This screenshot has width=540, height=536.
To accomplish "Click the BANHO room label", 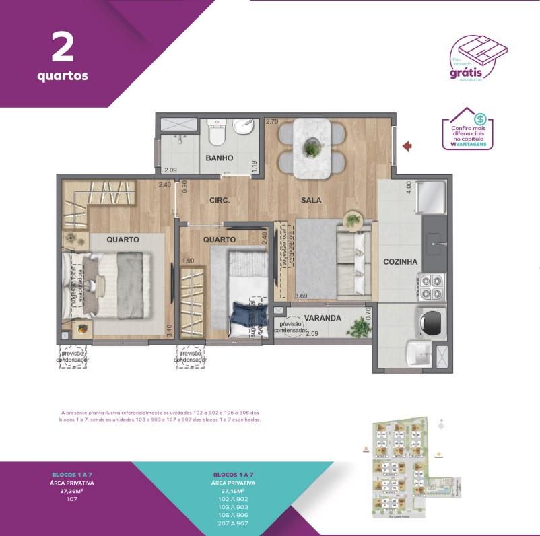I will pyautogui.click(x=220, y=158).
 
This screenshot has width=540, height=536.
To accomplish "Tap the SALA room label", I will pyautogui.click(x=310, y=200).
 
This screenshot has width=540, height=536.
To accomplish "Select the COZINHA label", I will pyautogui.click(x=401, y=262).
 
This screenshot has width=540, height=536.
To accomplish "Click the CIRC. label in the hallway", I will pyautogui.click(x=220, y=201).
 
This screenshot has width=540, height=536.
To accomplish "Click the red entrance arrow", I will pyautogui.click(x=407, y=145).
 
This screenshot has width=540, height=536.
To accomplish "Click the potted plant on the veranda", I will pyautogui.click(x=360, y=327).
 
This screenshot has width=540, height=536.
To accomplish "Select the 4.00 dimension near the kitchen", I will pyautogui.click(x=407, y=187).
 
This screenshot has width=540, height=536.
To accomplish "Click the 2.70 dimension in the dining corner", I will pyautogui.click(x=272, y=122).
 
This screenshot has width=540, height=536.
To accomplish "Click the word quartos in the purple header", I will pyautogui.click(x=62, y=75).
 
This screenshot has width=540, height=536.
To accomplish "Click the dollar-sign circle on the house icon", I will pyautogui.click(x=480, y=119).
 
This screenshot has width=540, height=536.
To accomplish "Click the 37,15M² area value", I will pyautogui.click(x=232, y=491).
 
